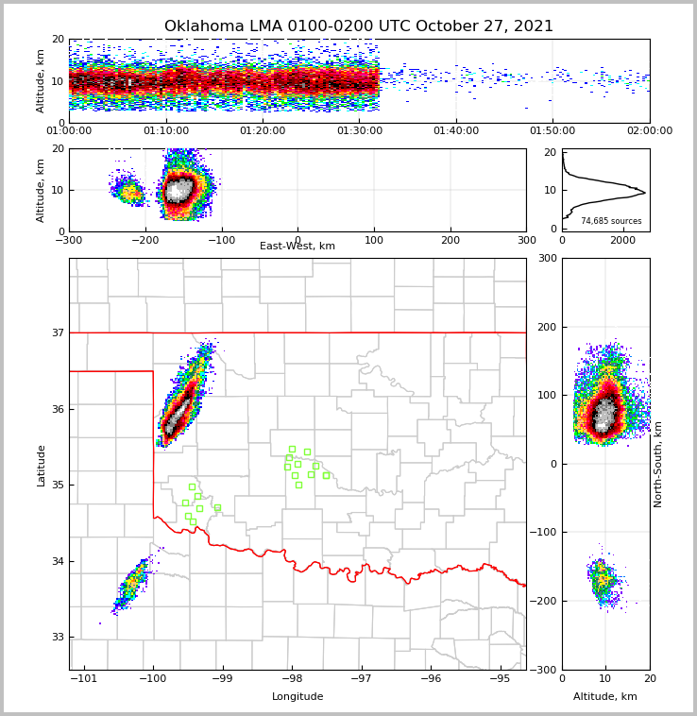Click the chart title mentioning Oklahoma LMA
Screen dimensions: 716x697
coord(359,26)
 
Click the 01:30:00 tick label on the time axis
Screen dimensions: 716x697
coord(359,131)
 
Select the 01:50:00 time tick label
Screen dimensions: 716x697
coord(552,131)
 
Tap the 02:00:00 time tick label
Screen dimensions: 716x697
coord(649,131)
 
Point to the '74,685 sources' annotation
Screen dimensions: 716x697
coord(611,221)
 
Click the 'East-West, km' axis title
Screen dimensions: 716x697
coord(297,247)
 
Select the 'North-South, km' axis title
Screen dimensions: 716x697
coord(658,464)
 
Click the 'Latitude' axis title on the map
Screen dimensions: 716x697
coord(41,465)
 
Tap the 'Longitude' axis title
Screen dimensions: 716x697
coord(297,697)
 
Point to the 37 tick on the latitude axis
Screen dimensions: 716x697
coord(58,332)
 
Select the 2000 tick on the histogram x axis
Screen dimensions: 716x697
coord(622,240)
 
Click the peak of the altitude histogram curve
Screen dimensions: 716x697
coord(644,193)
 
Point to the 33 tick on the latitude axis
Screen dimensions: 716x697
coord(58,638)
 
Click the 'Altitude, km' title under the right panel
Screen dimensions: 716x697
coord(605,697)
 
